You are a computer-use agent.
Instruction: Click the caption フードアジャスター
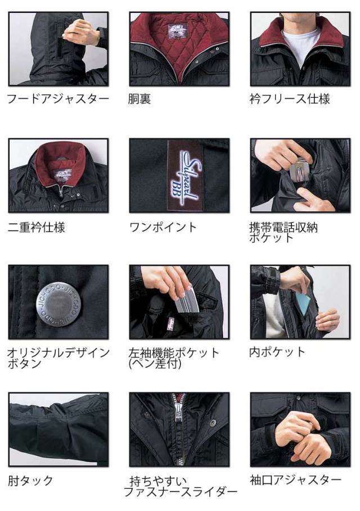click(57, 100)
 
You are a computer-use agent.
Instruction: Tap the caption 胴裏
click(140, 100)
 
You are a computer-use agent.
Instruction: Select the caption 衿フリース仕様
click(290, 100)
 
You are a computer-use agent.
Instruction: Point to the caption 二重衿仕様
click(37, 228)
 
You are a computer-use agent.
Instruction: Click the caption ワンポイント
click(163, 228)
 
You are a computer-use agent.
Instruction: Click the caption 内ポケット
click(277, 352)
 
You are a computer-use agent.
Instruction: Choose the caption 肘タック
click(31, 481)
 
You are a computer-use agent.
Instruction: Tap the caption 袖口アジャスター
click(295, 480)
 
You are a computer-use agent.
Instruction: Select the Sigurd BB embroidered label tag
click(181, 173)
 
